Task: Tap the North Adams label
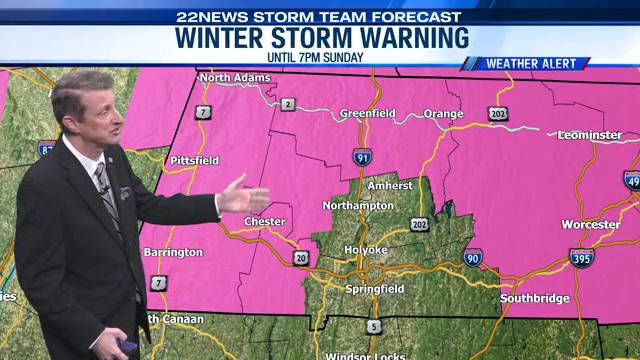tap(235, 77)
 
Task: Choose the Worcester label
tap(590, 224)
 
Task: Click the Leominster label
tap(589, 134)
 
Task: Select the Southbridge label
tap(535, 298)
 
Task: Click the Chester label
tap(265, 222)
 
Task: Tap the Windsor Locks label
tap(367, 355)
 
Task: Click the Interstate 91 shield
tap(362, 156)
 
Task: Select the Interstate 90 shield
tap(473, 258)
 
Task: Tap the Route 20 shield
tap(301, 258)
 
